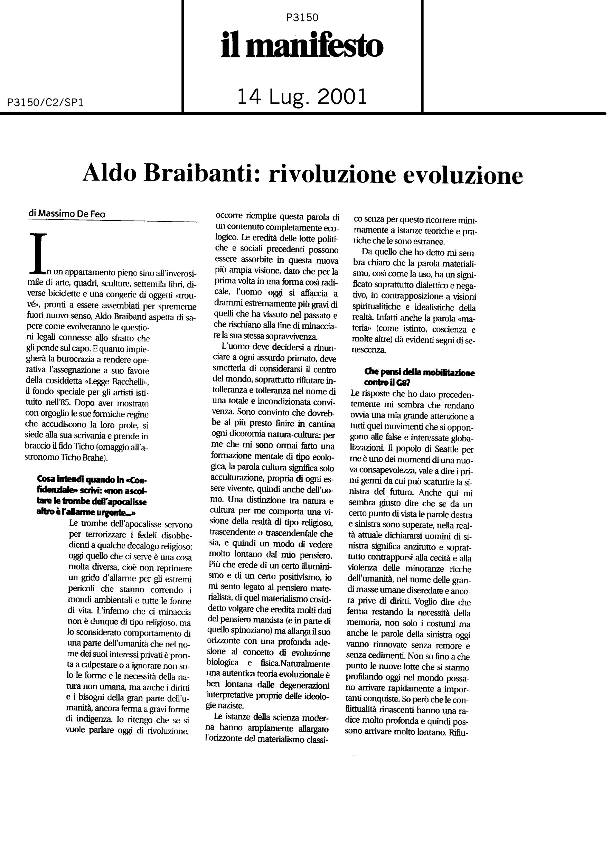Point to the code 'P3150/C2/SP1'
pos(45,103)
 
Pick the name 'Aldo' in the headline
pos(109,174)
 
